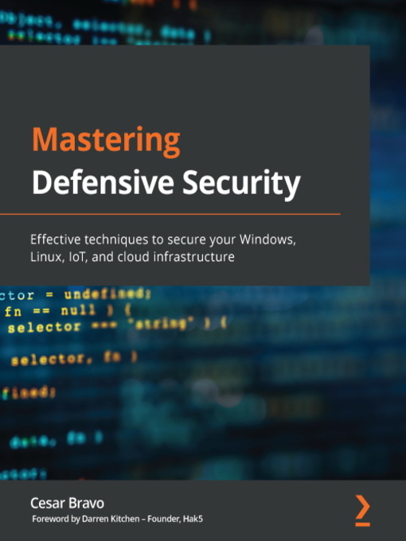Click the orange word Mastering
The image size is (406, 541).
coord(105,142)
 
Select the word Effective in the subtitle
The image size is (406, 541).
coord(55,239)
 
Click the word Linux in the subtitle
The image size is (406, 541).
coord(45,256)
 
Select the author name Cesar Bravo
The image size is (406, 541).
coord(67,503)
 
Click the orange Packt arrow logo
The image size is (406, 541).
coord(362,508)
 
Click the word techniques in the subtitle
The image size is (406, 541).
coord(115,239)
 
